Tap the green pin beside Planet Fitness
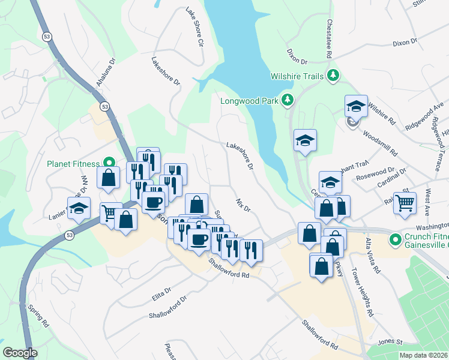pyautogui.click(x=109, y=162)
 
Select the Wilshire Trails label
pyautogui.click(x=297, y=76)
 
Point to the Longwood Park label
pyautogui.click(x=249, y=100)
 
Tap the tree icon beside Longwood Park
pyautogui.click(x=288, y=100)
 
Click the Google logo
pyautogui.click(x=20, y=353)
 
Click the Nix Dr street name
pyautogui.click(x=243, y=205)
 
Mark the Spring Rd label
pyautogui.click(x=37, y=316)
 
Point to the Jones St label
pyautogui.click(x=390, y=341)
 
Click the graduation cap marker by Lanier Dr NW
pyautogui.click(x=77, y=209)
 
